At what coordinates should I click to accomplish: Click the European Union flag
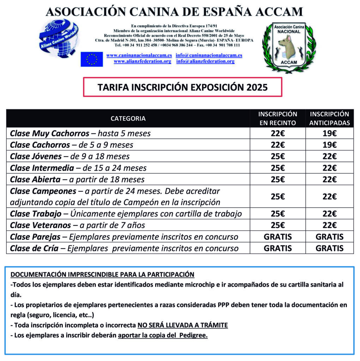pos(92,59)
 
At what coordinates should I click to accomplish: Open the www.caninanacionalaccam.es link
pos(139,55)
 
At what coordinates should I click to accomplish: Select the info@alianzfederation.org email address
pos(205,61)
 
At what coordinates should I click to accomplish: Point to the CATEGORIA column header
pos(128,118)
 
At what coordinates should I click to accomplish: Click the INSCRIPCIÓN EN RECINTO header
pos(277,118)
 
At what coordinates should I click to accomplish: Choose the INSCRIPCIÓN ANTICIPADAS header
pos(329,118)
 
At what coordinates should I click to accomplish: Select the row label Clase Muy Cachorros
pos(50,134)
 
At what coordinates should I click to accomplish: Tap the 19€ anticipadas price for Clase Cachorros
pos(329,145)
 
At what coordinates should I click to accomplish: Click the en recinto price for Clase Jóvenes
pos(277,156)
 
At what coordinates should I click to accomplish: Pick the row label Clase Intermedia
pos(42,168)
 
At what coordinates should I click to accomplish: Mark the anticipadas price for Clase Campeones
pos(329,197)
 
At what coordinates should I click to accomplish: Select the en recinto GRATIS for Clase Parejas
pos(277,237)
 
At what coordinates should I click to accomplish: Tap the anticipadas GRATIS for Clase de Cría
pos(329,248)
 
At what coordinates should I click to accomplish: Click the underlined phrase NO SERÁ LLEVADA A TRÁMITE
pos(182,325)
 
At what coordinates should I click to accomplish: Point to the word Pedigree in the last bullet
pos(193,336)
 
